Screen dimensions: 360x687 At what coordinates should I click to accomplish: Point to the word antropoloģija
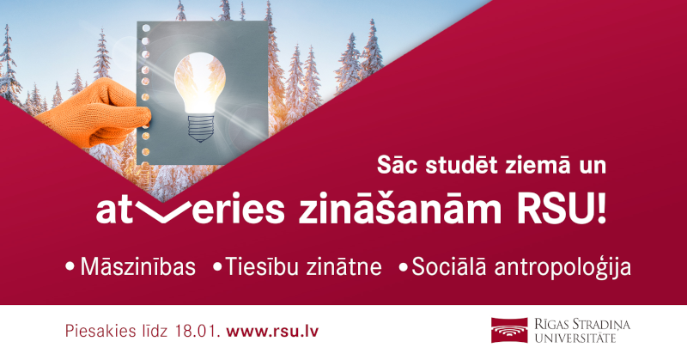(x=566, y=267)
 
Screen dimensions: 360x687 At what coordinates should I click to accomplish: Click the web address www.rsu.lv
(x=275, y=331)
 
